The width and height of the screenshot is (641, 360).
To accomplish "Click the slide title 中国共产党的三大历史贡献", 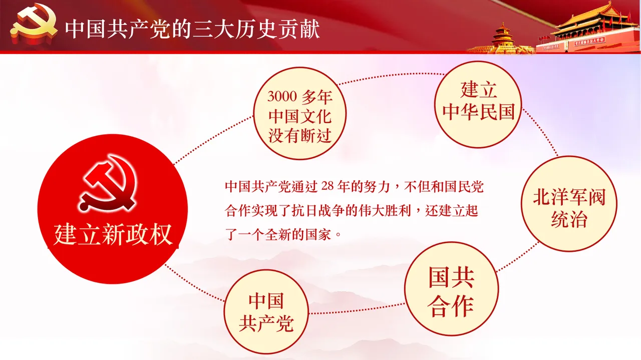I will tap(192, 30).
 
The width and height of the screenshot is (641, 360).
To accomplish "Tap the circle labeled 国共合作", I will tap(451, 290).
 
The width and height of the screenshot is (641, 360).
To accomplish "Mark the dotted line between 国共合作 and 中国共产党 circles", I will tap(357, 309).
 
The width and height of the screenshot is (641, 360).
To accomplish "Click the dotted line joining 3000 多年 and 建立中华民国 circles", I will tap(386, 77).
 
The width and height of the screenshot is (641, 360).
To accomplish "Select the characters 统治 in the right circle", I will tap(569, 219).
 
